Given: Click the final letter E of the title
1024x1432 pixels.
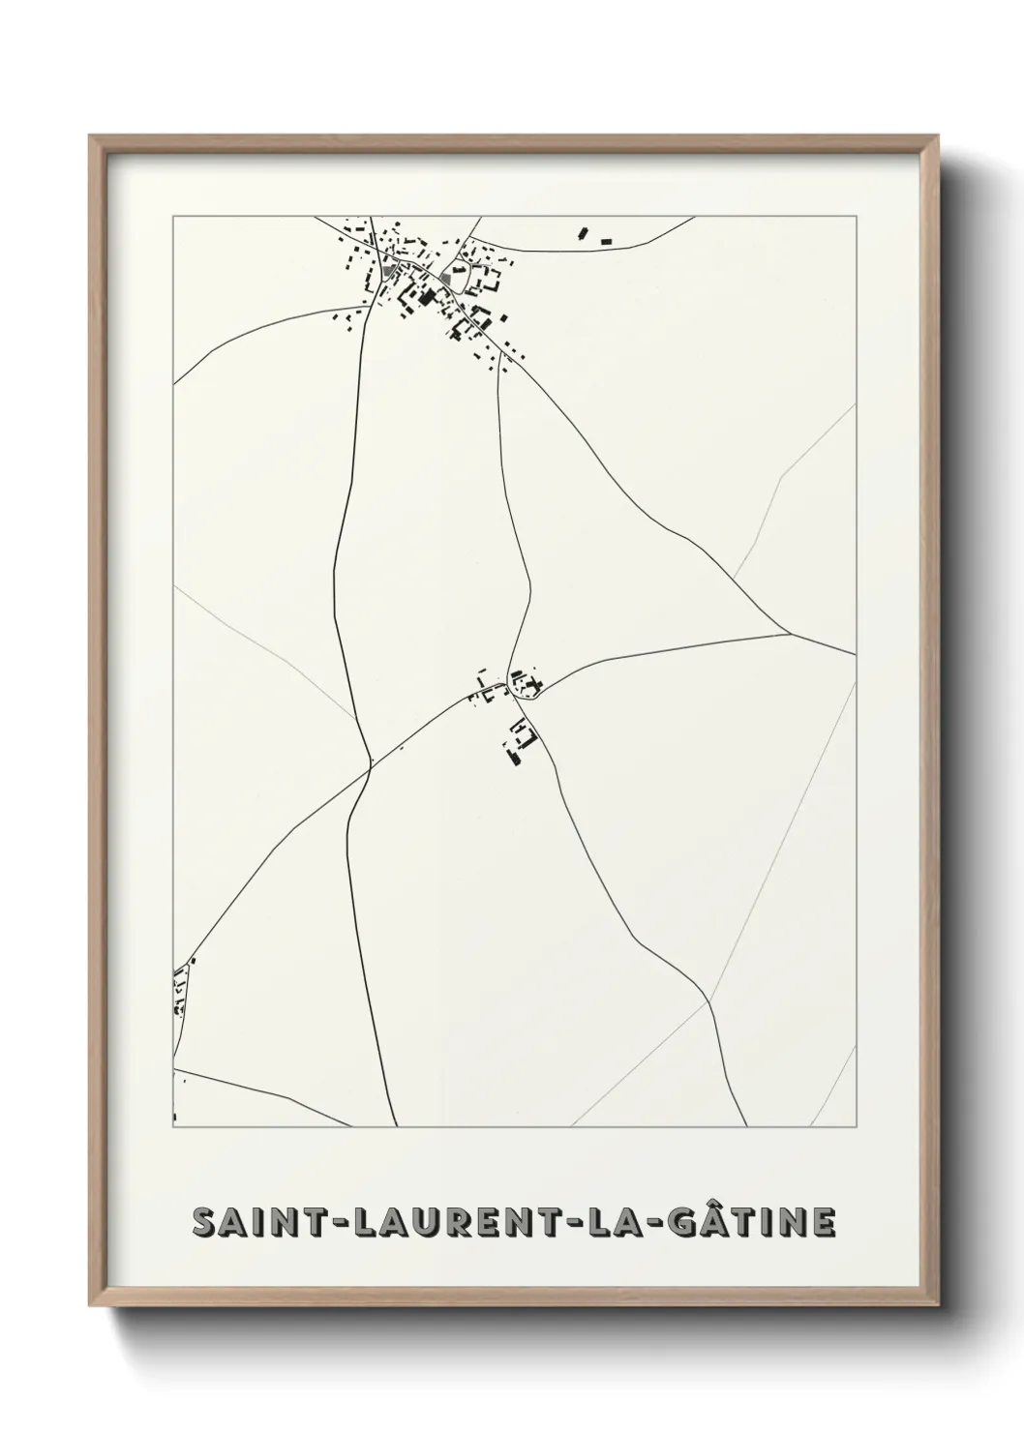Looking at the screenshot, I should (822, 1223).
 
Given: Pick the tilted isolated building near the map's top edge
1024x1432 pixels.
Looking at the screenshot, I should (583, 232).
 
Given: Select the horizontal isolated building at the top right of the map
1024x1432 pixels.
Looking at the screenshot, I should (607, 240).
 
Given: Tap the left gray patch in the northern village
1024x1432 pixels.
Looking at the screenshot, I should (389, 274).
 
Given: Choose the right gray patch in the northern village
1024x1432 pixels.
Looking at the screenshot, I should (447, 280).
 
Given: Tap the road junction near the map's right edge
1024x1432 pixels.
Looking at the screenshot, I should (792, 635).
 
